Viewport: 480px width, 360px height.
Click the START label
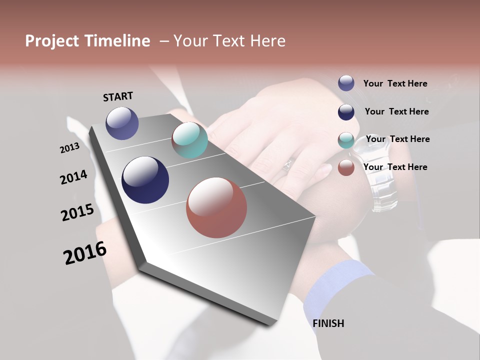tap(118, 96)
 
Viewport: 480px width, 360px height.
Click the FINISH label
tap(328, 323)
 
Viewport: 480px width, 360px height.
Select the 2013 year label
tap(70, 148)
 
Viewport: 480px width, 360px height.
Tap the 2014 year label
tap(73, 177)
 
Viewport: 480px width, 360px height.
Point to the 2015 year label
tap(77, 212)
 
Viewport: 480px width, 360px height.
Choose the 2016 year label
tap(85, 253)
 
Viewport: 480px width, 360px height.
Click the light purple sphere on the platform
tap(122, 123)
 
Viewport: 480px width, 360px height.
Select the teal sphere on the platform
tap(189, 140)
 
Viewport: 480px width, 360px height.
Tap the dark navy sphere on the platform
tap(145, 180)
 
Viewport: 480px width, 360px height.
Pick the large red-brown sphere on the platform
tap(216, 207)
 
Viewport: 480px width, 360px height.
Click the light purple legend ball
tap(346, 83)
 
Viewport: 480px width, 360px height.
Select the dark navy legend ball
tap(346, 112)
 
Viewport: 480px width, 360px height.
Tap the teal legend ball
tap(346, 140)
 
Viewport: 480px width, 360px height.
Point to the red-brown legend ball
tap(346, 167)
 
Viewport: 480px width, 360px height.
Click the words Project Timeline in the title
tap(87, 41)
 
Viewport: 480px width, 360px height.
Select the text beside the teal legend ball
tap(397, 139)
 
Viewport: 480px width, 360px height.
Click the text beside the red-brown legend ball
tap(395, 167)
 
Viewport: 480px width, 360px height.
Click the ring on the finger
tap(288, 165)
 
